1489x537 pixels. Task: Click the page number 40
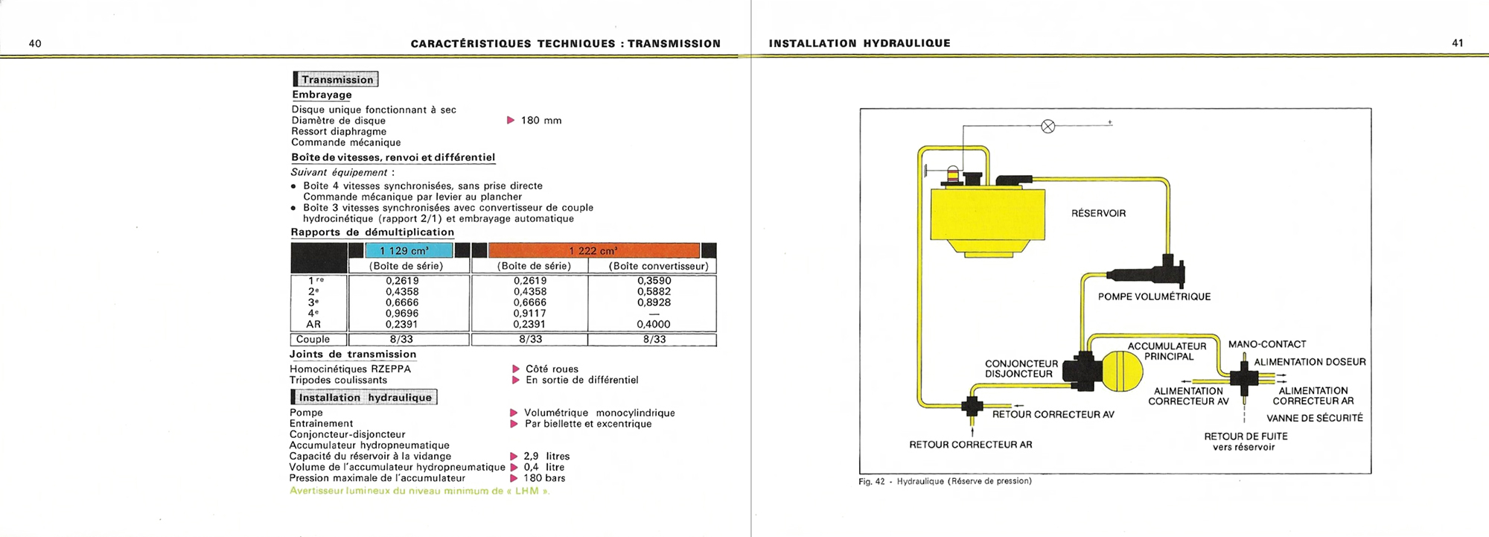(x=35, y=44)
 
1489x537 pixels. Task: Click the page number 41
(x=1458, y=43)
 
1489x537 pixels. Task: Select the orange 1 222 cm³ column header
(x=593, y=251)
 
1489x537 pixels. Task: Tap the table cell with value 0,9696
(x=402, y=314)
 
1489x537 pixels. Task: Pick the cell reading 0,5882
(x=654, y=292)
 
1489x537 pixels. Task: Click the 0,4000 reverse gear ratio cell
(x=654, y=325)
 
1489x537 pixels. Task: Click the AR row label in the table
(x=313, y=325)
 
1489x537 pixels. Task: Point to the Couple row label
(x=313, y=340)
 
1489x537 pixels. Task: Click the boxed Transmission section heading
(x=337, y=80)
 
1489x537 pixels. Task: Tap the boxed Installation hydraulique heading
(x=364, y=398)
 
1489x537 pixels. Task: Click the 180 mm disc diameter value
(x=541, y=121)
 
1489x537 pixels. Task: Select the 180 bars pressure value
(x=544, y=478)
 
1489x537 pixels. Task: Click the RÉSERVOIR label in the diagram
(x=1098, y=214)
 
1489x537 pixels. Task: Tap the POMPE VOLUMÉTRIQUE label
(x=1154, y=297)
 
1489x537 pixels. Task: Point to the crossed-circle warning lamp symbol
(x=1048, y=127)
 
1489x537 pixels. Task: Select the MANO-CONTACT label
(x=1267, y=344)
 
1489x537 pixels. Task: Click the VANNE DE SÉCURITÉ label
(x=1315, y=419)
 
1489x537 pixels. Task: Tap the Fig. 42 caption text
(x=945, y=481)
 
